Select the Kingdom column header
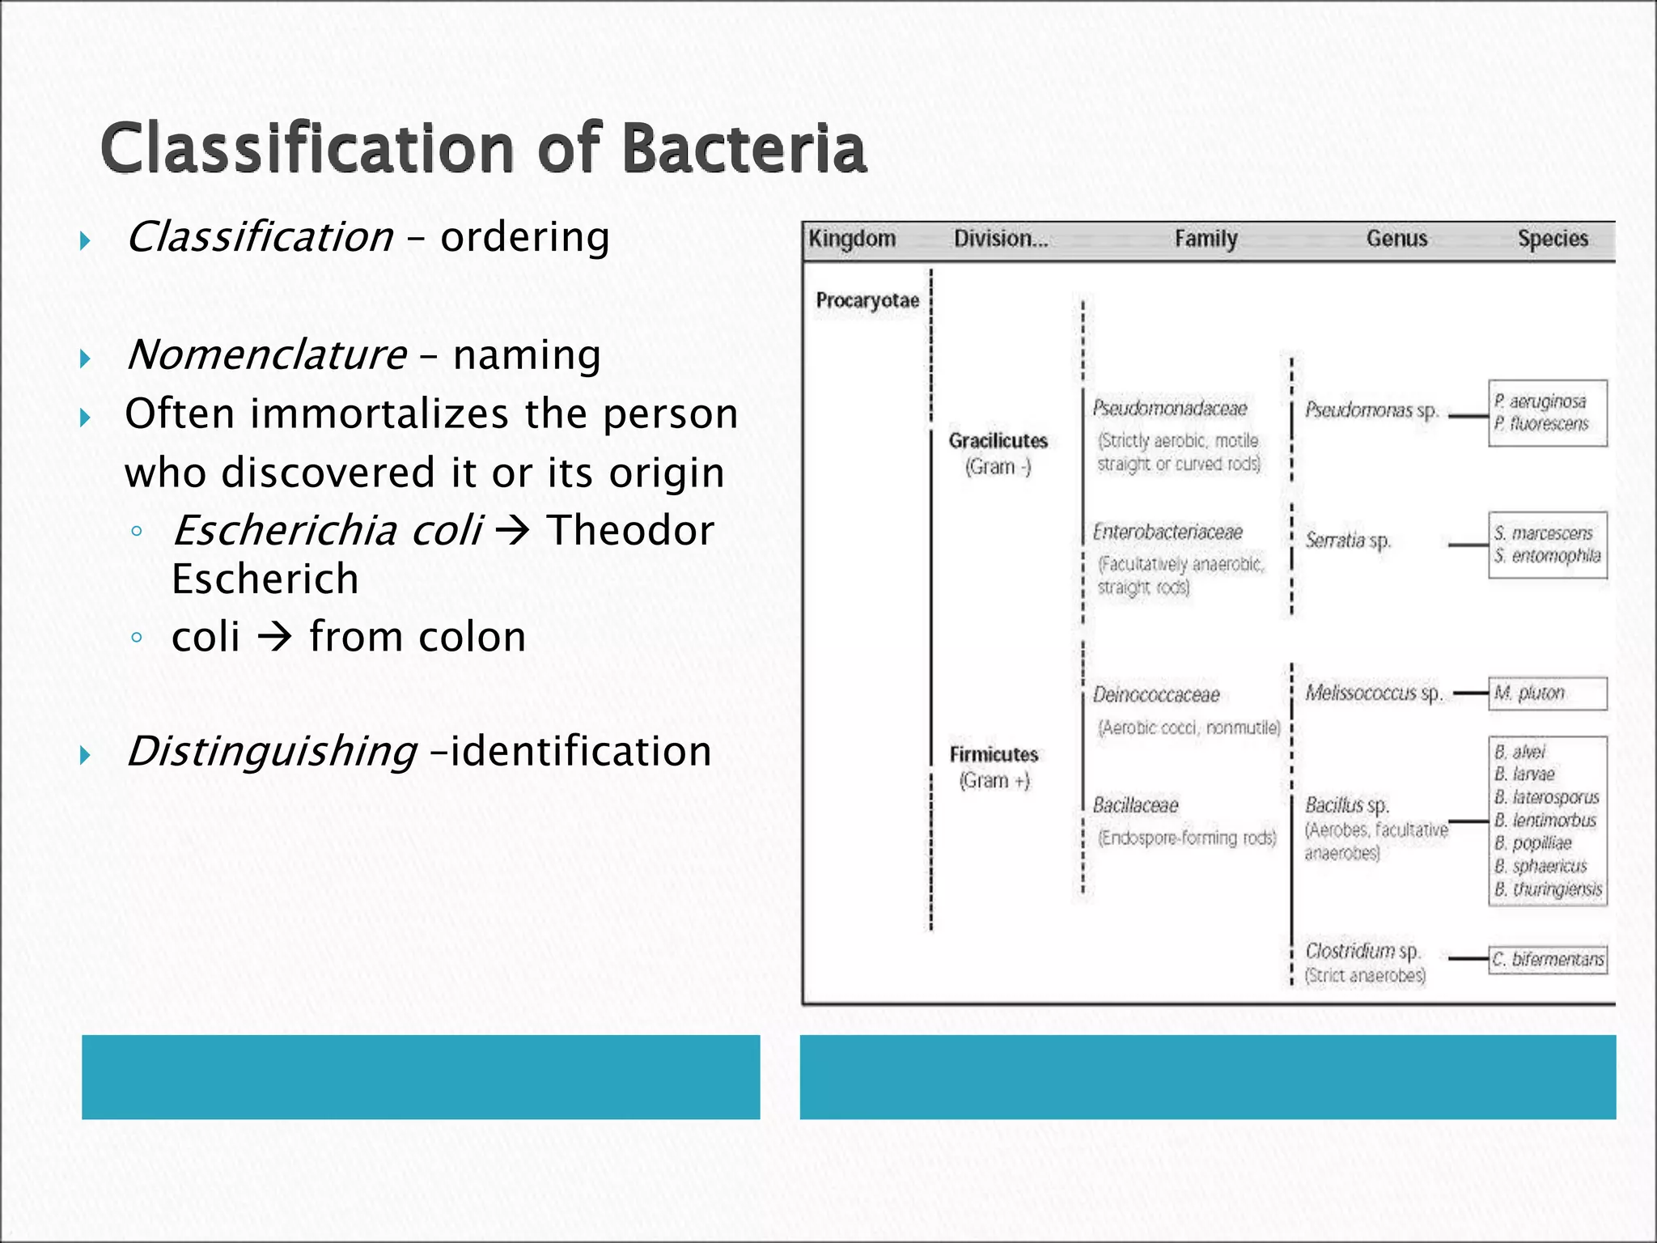852,239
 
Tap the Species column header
1552,239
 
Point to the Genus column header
1396,239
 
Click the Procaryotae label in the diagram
867,301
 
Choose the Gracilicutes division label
998,441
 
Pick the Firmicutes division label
994,755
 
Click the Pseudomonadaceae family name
1169,409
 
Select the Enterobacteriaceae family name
1167,532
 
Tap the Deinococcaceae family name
1155,695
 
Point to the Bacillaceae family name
1135,805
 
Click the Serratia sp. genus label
1347,541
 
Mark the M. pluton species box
1547,694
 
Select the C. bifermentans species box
1547,960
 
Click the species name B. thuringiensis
1548,889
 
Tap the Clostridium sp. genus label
1362,951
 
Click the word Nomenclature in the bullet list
267,355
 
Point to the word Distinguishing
273,751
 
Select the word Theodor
630,531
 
